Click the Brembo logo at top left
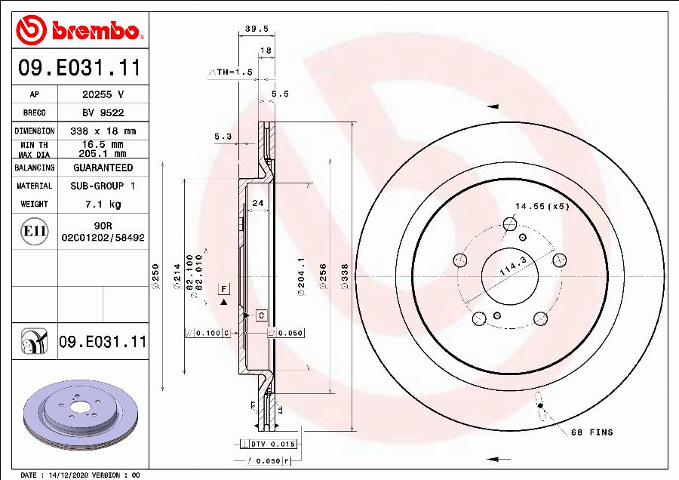pos(80,29)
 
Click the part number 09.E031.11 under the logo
pos(79,69)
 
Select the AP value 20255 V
pos(103,94)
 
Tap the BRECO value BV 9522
pos(103,112)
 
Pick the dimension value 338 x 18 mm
pos(103,131)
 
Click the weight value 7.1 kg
pos(103,204)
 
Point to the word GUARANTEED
pos(103,168)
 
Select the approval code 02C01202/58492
pos(103,237)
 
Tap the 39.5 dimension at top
pos(257,29)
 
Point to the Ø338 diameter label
pos(345,277)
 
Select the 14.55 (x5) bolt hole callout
pos(542,206)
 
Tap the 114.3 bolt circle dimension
pos(513,269)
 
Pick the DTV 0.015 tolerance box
pos(273,445)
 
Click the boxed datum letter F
pos(223,289)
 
